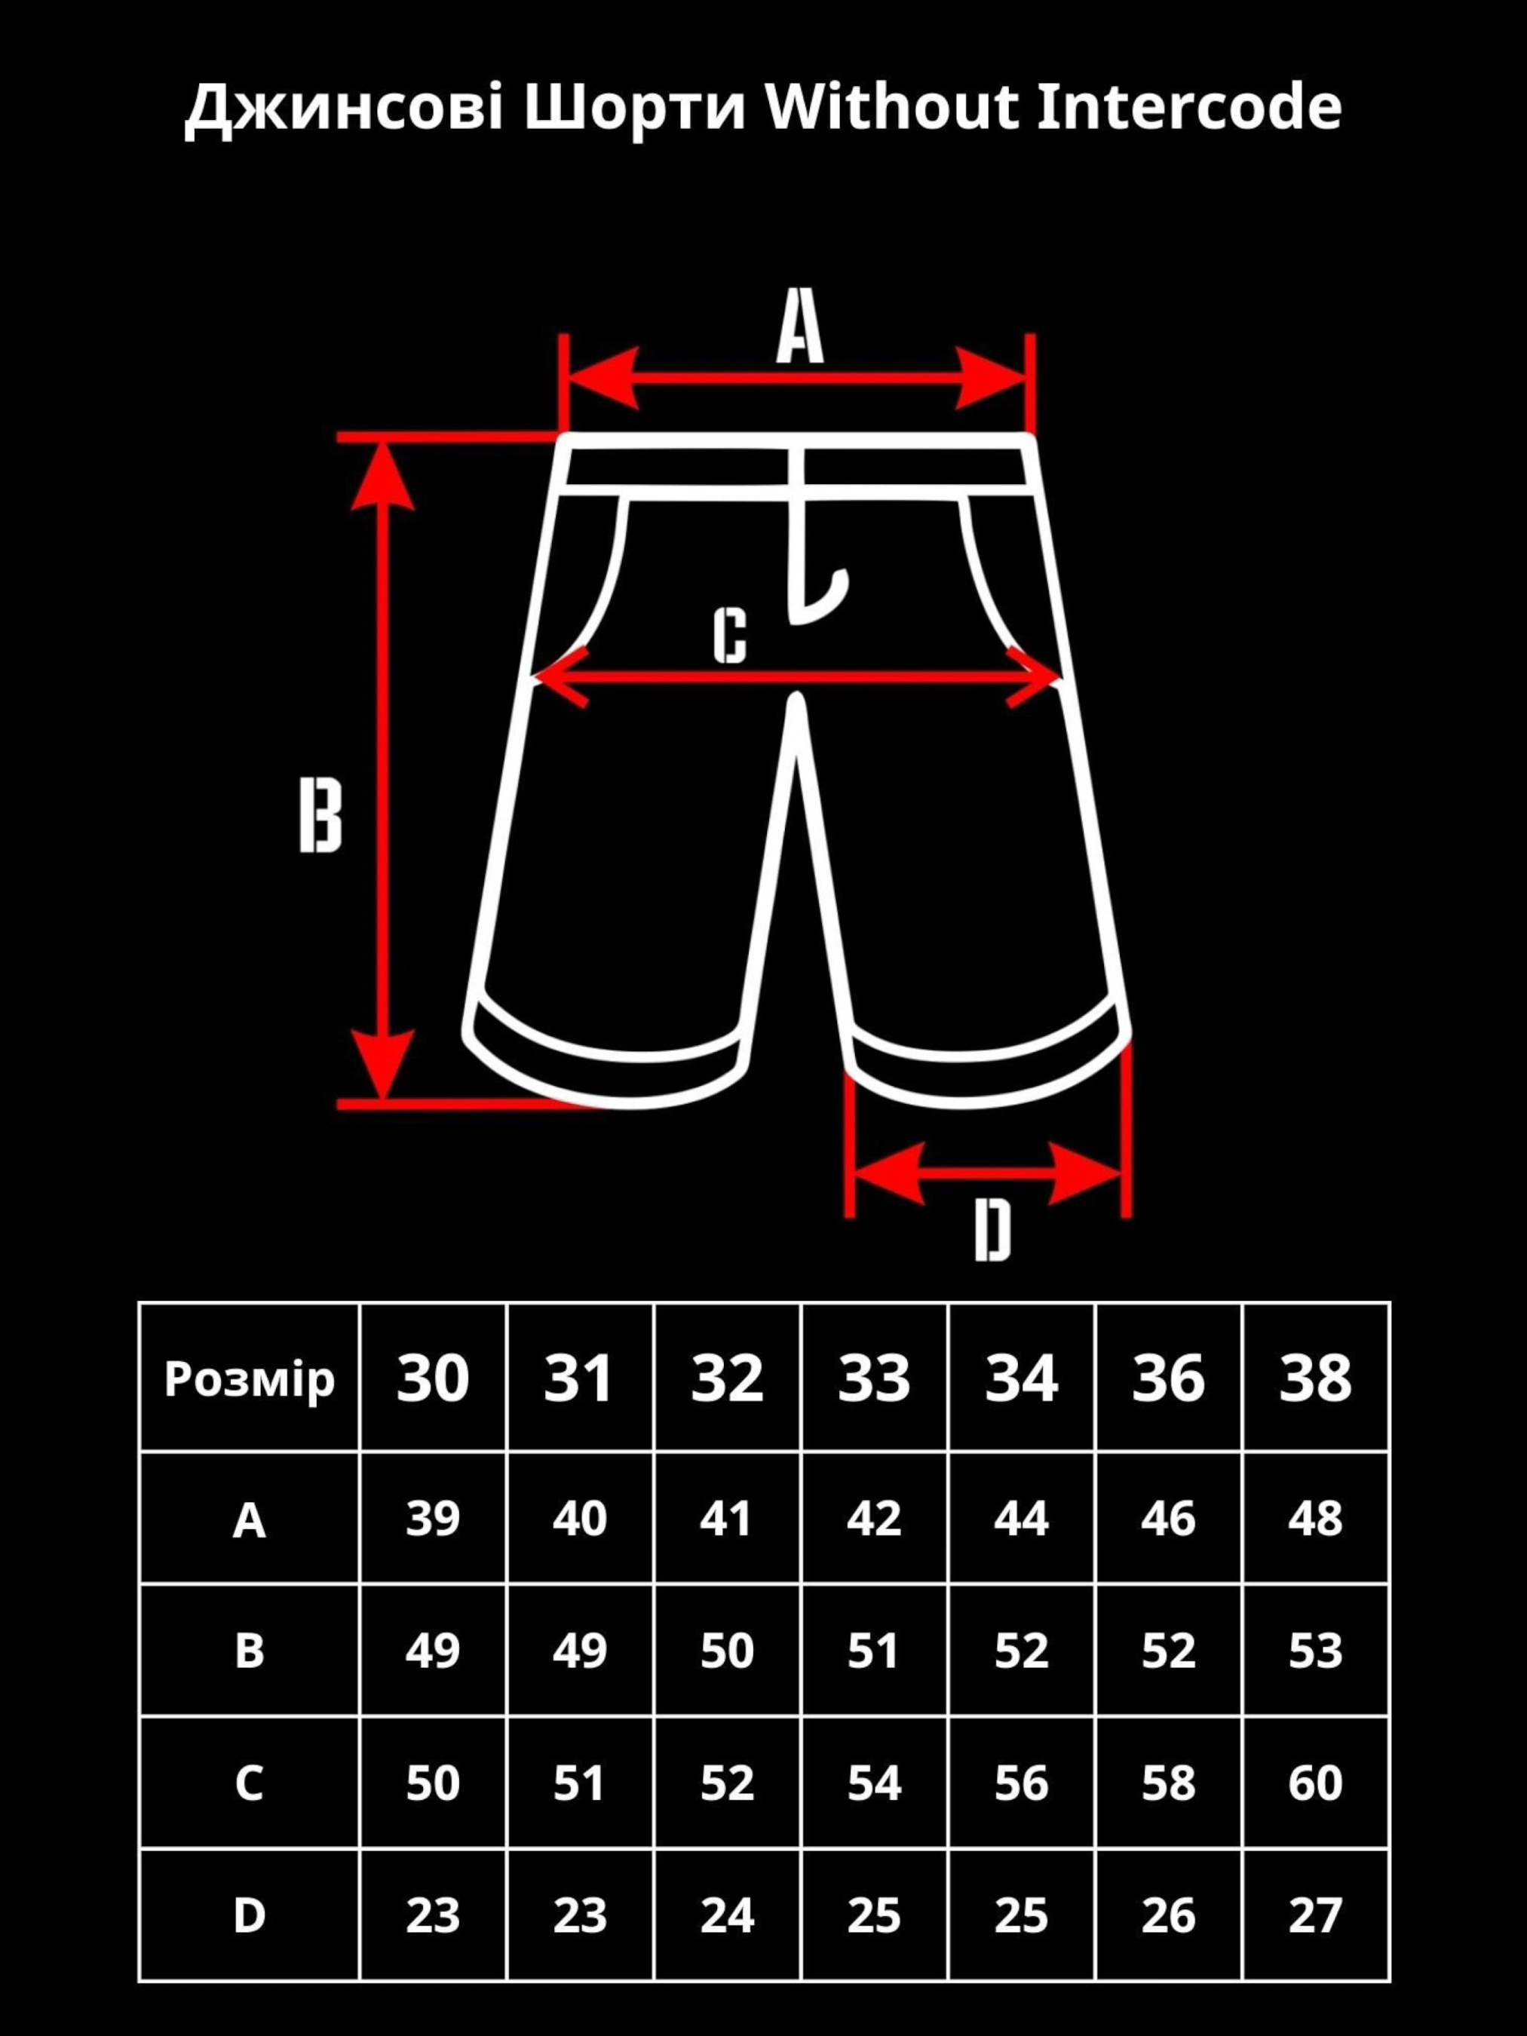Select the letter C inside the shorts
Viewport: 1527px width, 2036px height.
[x=730, y=635]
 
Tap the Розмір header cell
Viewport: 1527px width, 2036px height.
[x=250, y=1378]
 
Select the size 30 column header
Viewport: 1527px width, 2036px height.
[x=433, y=1378]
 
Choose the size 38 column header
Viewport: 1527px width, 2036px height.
[x=1315, y=1378]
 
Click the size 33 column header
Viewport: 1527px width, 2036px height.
[x=873, y=1378]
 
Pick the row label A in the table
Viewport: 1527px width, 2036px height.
[x=250, y=1520]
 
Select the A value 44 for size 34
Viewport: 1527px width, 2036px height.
[x=1021, y=1519]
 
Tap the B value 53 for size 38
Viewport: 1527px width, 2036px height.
[x=1315, y=1651]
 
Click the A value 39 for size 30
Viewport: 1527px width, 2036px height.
[x=433, y=1519]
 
